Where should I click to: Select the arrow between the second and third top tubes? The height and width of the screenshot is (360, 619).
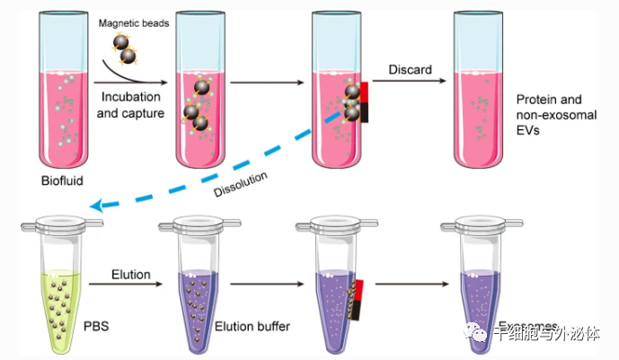(x=266, y=83)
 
